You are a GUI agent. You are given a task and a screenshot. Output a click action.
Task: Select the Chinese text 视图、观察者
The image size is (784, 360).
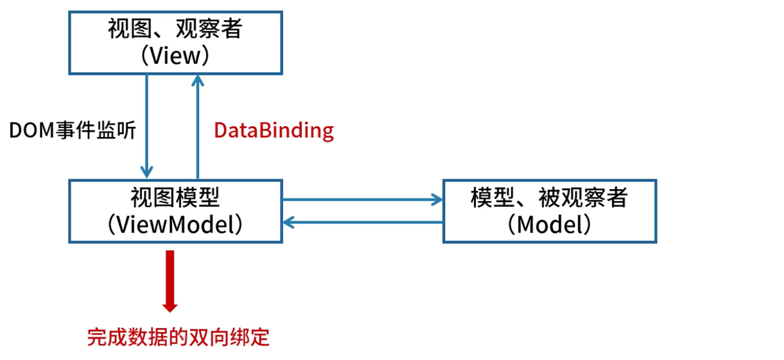(175, 29)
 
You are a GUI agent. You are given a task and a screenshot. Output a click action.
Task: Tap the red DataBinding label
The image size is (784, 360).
(274, 130)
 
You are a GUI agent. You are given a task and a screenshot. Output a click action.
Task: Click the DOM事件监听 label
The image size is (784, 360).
(72, 130)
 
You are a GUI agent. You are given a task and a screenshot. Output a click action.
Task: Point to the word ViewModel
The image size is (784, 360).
(175, 225)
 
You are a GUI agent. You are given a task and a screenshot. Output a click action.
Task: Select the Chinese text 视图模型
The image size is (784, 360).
(175, 198)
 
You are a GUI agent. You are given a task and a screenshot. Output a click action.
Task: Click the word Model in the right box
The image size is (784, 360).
(549, 225)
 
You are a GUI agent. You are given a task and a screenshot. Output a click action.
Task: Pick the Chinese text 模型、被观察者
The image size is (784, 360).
(549, 198)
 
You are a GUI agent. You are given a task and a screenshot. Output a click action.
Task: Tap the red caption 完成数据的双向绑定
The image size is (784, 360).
(178, 337)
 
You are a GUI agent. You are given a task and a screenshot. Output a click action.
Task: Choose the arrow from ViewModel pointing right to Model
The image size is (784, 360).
(361, 199)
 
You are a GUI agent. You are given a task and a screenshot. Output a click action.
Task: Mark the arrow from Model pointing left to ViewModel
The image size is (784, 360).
(361, 222)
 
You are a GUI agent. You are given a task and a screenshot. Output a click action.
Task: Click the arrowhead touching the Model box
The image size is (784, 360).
(436, 199)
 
